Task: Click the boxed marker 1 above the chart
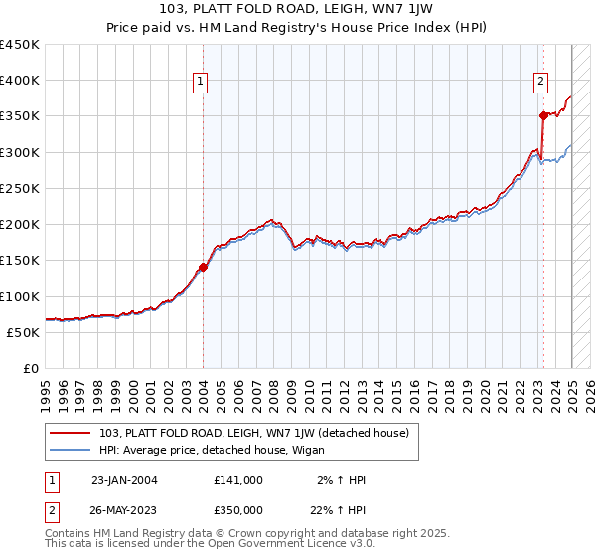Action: pyautogui.click(x=201, y=82)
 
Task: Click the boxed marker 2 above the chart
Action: pyautogui.click(x=541, y=82)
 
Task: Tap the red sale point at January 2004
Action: pyautogui.click(x=203, y=267)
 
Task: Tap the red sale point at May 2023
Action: pyautogui.click(x=543, y=115)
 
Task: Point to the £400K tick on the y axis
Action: pyautogui.click(x=20, y=81)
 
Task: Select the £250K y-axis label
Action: pyautogui.click(x=20, y=188)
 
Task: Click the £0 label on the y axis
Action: pyautogui.click(x=33, y=368)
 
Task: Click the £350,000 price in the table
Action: pyautogui.click(x=237, y=509)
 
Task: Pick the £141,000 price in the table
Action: pyautogui.click(x=237, y=480)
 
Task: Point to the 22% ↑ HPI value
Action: pyautogui.click(x=342, y=509)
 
